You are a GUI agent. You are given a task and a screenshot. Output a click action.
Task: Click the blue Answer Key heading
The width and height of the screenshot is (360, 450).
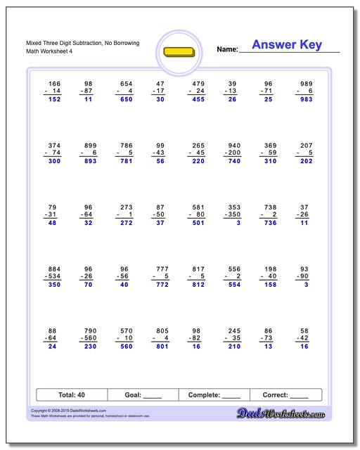point(287,45)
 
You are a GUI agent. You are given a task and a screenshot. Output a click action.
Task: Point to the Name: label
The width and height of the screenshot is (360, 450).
point(227,50)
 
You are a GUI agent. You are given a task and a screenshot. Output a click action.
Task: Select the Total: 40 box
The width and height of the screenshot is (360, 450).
point(71,394)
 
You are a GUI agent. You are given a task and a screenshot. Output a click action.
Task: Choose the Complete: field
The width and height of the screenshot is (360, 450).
point(214,394)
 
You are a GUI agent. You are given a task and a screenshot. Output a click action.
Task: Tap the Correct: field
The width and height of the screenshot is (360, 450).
point(285,394)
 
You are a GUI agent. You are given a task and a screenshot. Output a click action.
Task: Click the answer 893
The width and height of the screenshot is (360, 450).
point(88,161)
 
